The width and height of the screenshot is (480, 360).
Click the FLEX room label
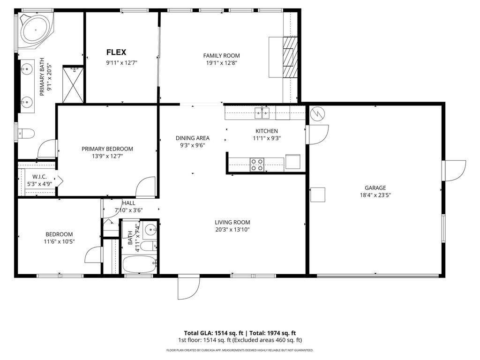[116, 52]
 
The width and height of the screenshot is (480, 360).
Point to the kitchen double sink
[262, 112]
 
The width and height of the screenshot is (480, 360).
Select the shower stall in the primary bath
[73, 84]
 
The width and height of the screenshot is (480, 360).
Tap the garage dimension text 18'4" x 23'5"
[375, 195]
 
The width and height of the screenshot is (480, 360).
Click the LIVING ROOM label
[232, 222]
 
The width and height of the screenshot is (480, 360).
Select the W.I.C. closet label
[39, 176]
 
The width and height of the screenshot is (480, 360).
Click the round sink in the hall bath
[150, 230]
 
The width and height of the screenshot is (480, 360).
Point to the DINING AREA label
[192, 138]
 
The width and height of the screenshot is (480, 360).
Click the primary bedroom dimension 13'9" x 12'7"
[107, 156]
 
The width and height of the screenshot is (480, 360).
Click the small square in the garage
[318, 195]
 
